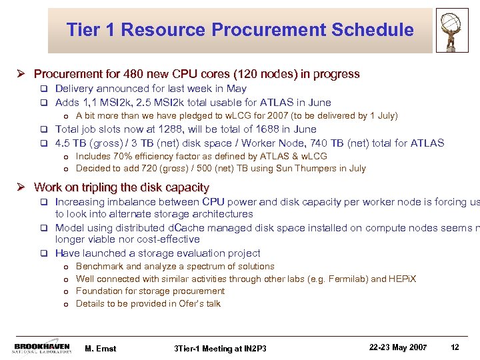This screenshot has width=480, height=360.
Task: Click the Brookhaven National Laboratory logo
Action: tap(43, 348)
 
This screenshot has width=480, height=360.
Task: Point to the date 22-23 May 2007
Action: tap(399, 347)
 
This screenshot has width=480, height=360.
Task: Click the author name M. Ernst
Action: tap(101, 349)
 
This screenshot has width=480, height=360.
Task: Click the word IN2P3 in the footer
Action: tap(251, 349)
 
